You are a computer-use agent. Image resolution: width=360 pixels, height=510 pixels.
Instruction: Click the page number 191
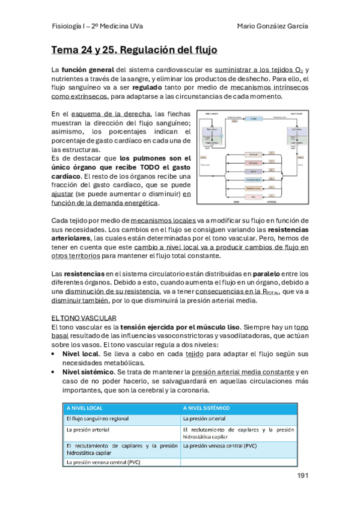pos(302,476)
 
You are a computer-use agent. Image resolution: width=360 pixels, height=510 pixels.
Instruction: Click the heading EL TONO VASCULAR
pos(84,317)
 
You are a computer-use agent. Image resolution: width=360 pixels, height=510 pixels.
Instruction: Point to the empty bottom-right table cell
pos(239,462)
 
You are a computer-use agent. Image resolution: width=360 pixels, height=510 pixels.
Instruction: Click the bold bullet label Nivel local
pos(81,354)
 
